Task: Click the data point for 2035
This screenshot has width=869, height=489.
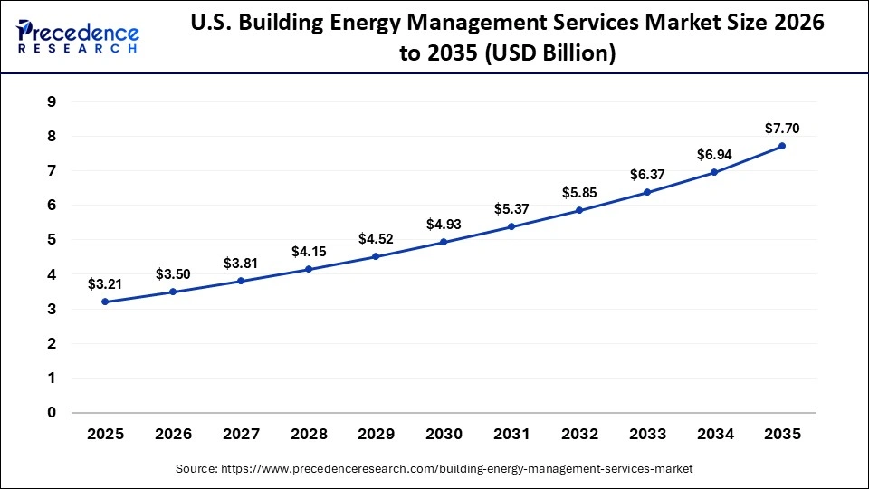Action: [782, 146]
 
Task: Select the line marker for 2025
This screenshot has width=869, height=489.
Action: [105, 302]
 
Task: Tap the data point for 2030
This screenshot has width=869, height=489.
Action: [444, 242]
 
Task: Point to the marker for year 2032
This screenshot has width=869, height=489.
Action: [579, 210]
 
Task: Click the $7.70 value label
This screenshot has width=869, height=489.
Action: [782, 128]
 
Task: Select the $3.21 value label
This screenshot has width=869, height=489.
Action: [105, 283]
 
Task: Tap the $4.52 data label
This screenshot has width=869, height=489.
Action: [376, 239]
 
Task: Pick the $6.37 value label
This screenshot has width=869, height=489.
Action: [646, 174]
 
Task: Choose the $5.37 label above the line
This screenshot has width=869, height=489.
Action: [511, 208]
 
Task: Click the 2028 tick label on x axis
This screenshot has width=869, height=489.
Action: [309, 434]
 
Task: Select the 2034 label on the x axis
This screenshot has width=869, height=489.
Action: [714, 434]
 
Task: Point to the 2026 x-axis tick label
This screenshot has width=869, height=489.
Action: [173, 434]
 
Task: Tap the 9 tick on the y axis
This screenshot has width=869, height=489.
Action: [52, 102]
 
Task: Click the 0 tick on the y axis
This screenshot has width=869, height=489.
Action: [52, 413]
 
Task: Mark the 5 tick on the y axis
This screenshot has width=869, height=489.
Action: [52, 240]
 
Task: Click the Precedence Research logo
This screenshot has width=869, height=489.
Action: [78, 36]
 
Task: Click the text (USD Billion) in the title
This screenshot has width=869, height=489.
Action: [549, 54]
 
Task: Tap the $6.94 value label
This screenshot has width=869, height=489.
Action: [714, 155]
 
